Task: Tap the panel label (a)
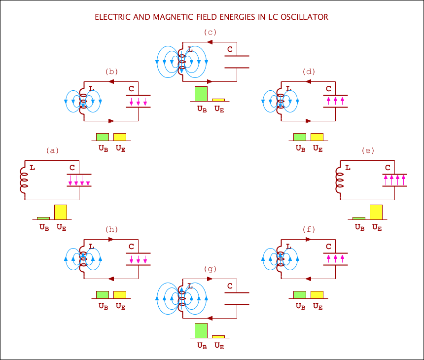tap(52, 150)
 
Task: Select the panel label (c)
tap(211, 32)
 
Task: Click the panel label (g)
tap(211, 269)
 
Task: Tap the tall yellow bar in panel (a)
tap(61, 212)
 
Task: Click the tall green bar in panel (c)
tap(201, 94)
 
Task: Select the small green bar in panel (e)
tap(359, 218)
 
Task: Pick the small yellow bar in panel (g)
tap(218, 337)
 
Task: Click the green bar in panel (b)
tap(103, 137)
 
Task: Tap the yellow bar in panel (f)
tap(317, 295)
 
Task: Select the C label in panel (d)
tap(328, 89)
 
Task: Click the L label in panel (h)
tap(91, 247)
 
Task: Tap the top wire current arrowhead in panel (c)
tap(210, 42)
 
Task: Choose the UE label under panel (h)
tap(120, 306)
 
